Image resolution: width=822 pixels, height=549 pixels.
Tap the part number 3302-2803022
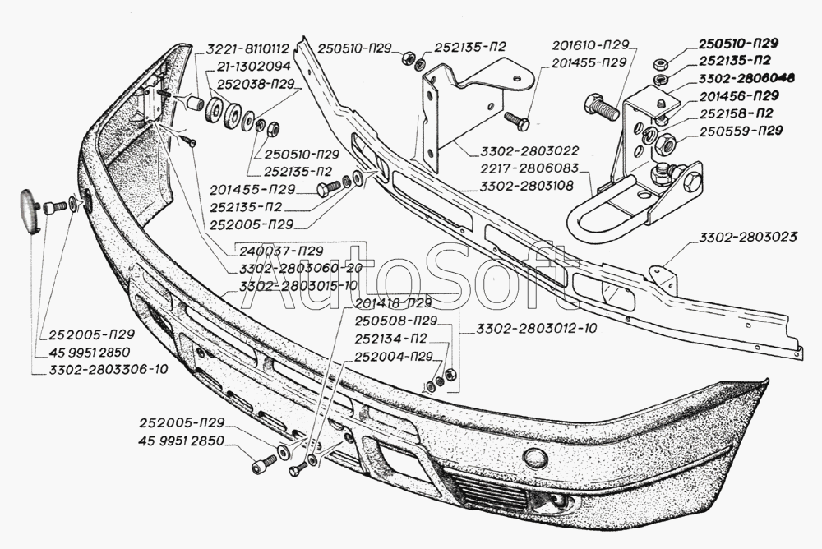click(533, 151)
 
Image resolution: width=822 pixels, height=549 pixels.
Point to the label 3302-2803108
click(533, 187)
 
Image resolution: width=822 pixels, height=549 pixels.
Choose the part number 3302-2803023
click(748, 238)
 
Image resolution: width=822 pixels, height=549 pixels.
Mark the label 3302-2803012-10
click(535, 327)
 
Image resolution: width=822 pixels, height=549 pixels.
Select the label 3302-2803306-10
click(102, 369)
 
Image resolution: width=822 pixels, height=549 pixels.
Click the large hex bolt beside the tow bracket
click(602, 107)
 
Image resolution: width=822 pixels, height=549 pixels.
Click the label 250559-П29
click(740, 130)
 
